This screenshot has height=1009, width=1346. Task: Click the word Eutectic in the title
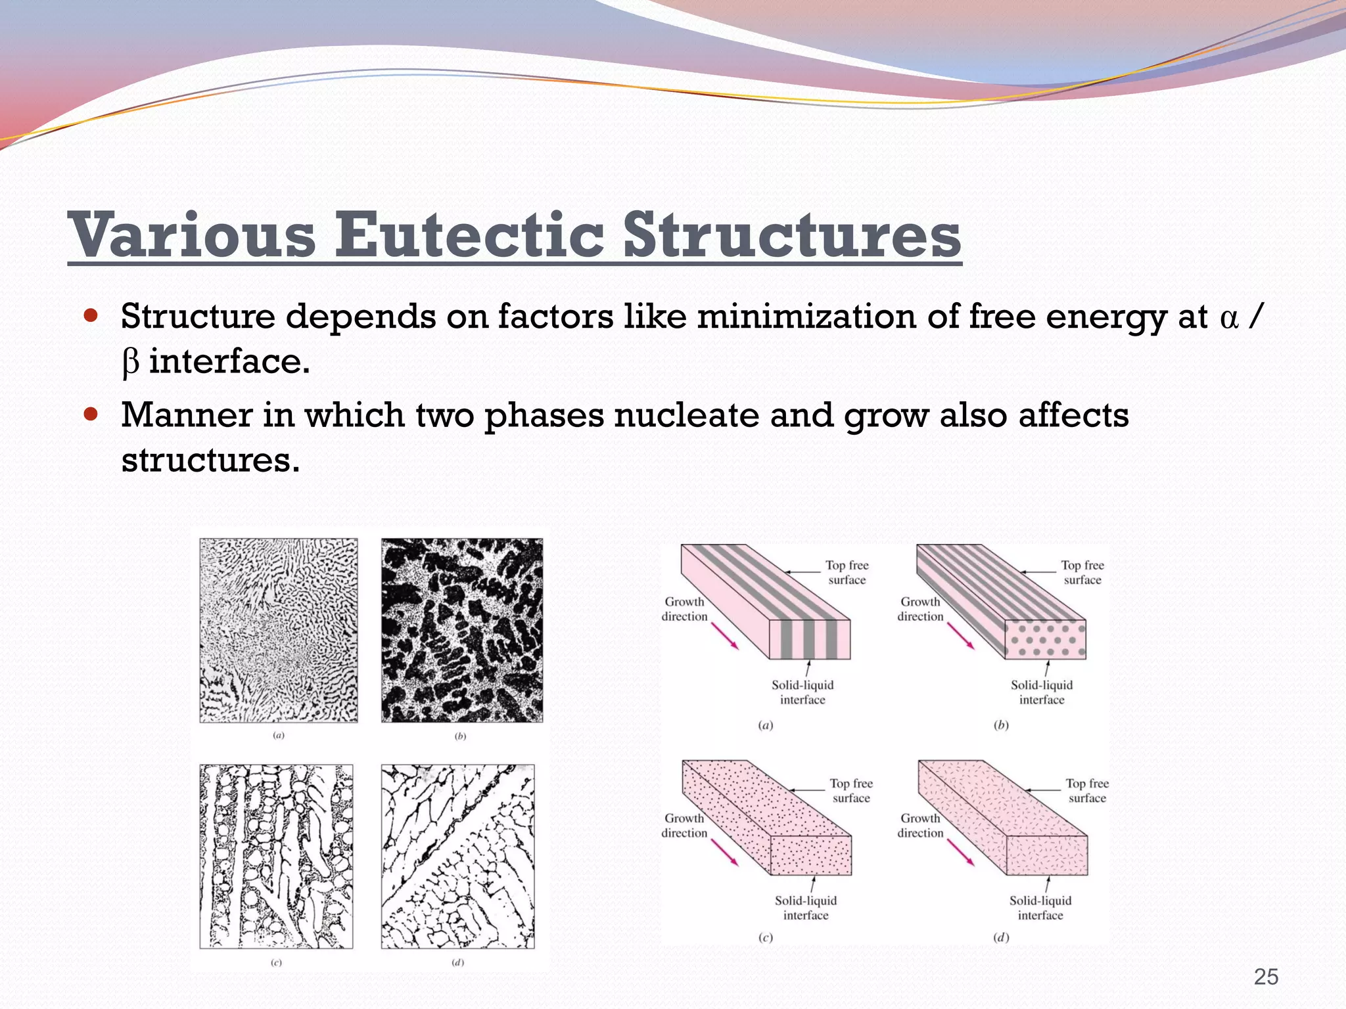(x=469, y=235)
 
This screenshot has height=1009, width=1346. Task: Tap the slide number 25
(x=1266, y=977)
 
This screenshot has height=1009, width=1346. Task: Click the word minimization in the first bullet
(x=806, y=317)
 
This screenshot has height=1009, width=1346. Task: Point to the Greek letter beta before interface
(x=130, y=363)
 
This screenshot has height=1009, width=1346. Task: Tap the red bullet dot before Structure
(x=91, y=315)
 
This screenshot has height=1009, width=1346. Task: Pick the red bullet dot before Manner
(x=91, y=415)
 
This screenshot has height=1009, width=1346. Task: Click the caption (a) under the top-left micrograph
(x=279, y=736)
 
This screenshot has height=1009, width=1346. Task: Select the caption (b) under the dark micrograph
(x=461, y=736)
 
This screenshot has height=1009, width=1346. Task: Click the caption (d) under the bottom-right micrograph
(x=458, y=962)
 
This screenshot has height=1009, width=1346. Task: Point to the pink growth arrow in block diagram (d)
(x=960, y=851)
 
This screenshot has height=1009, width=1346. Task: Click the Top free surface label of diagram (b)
(x=1082, y=572)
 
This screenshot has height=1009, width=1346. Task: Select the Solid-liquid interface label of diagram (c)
(x=806, y=908)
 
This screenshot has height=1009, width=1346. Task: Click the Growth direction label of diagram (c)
(x=684, y=826)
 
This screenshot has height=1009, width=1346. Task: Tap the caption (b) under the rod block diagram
(x=1001, y=725)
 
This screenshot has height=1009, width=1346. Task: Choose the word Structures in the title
(x=792, y=235)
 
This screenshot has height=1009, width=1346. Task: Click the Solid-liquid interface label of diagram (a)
(x=802, y=692)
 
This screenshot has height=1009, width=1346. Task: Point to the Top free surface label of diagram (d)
(x=1087, y=790)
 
